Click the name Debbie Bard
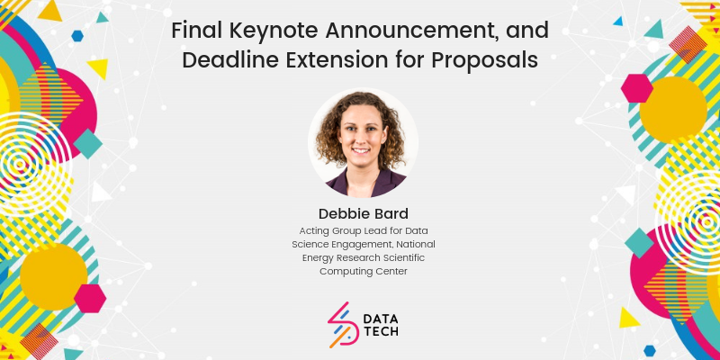click(364, 214)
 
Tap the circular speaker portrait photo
click(363, 142)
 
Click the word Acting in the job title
click(310, 230)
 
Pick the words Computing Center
click(364, 272)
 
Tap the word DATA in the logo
click(381, 319)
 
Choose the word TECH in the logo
click(381, 331)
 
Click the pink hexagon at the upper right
click(637, 88)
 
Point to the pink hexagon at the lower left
click(90, 299)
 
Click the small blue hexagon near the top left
click(77, 36)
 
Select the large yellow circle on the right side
click(673, 110)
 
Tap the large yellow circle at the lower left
click(54, 277)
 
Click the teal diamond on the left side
click(87, 144)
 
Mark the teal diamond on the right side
click(639, 243)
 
